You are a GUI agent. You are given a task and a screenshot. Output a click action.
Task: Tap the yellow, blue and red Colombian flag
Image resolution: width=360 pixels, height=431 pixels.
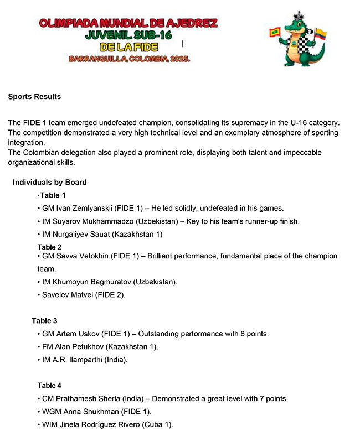tap(321, 35)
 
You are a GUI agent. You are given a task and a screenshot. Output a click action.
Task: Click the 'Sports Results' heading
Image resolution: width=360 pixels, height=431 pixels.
tap(34, 97)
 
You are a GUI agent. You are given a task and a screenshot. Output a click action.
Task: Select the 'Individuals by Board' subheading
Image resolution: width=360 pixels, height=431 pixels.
tap(50, 182)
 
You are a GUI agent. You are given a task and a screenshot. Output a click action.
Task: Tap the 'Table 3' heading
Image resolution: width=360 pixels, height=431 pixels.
tap(44, 321)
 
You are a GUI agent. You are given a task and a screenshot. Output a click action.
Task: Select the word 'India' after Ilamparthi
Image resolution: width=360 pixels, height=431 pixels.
tap(115, 360)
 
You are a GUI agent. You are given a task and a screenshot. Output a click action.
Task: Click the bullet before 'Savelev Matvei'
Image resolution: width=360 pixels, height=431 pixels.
tap(39, 295)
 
